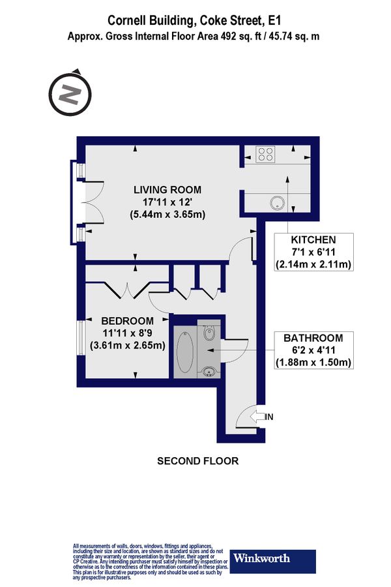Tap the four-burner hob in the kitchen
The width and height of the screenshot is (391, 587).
click(265, 155)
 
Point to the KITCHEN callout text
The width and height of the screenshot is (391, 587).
click(313, 239)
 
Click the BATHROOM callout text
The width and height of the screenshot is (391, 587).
click(313, 338)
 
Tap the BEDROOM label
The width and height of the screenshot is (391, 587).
click(127, 321)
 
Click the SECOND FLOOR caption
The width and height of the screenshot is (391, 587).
click(198, 461)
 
